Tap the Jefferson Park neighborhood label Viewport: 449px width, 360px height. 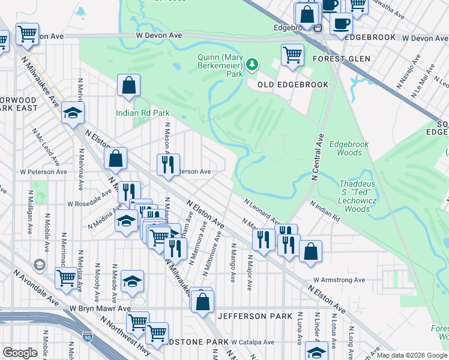tap(255, 316)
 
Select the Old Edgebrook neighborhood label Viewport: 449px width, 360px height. tap(293, 85)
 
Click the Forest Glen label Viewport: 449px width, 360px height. tap(341, 59)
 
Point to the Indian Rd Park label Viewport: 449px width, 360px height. tap(143, 113)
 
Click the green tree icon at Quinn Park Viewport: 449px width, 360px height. tap(253, 63)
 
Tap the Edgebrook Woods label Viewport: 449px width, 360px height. tap(349, 148)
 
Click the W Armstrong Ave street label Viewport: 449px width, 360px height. tap(339, 280)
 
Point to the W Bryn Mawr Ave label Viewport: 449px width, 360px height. tap(99, 308)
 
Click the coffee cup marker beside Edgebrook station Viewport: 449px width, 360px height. tap(341, 24)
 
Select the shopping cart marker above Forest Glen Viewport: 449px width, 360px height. tap(292, 54)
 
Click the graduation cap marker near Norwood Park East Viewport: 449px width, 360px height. tap(73, 112)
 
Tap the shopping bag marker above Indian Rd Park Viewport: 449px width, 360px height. tap(129, 85)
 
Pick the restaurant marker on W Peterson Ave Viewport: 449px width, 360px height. tap(169, 164)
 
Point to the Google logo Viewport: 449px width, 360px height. tap(20, 353)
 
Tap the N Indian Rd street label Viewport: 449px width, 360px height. tap(325, 212)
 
